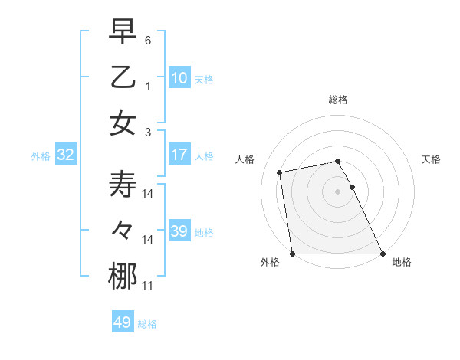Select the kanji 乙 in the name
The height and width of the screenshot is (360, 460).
click(x=123, y=77)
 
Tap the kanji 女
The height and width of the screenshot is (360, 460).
click(x=123, y=122)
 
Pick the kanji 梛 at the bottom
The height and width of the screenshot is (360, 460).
click(x=123, y=276)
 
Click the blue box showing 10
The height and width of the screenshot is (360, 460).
click(x=179, y=77)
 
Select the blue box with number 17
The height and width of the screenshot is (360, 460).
click(x=179, y=155)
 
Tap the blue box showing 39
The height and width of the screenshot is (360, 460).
click(x=179, y=231)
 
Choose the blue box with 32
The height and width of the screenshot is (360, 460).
click(x=66, y=155)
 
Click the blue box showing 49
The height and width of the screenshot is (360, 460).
click(x=123, y=322)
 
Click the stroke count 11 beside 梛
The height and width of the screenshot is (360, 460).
click(x=147, y=286)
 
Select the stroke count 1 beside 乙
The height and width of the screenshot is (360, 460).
click(x=148, y=86)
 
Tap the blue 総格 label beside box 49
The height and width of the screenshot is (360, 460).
click(x=147, y=324)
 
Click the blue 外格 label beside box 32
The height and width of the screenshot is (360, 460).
click(x=41, y=156)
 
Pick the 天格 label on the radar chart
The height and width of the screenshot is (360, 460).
click(x=432, y=159)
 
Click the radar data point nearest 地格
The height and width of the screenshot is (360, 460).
click(x=383, y=254)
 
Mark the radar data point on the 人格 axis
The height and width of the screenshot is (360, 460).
click(x=281, y=172)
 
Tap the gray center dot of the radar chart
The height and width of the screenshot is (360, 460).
click(x=337, y=191)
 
